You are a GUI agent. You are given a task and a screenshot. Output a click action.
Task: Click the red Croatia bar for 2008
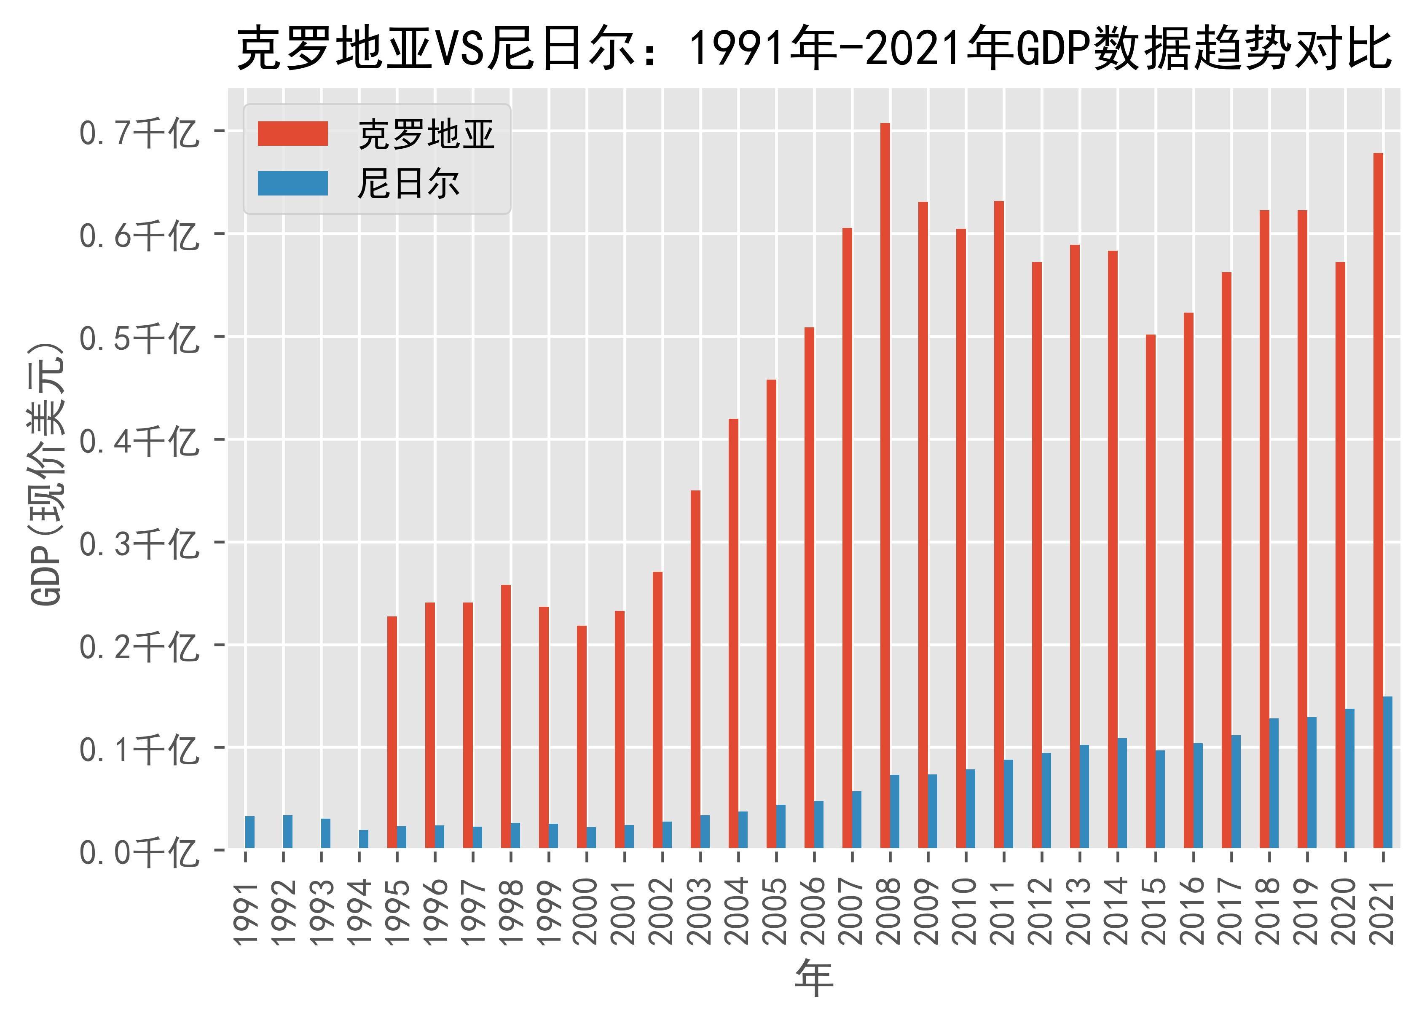885,485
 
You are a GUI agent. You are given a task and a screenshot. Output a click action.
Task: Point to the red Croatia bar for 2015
1150,592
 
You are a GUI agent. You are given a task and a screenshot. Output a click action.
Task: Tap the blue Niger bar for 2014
1122,793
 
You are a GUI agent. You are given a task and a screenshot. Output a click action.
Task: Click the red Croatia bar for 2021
1378,500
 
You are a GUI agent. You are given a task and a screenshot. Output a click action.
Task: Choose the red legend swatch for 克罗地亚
292,134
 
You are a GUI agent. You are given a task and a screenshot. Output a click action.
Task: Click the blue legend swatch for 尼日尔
292,183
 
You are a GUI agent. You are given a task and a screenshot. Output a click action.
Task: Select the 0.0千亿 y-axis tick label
138,852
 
